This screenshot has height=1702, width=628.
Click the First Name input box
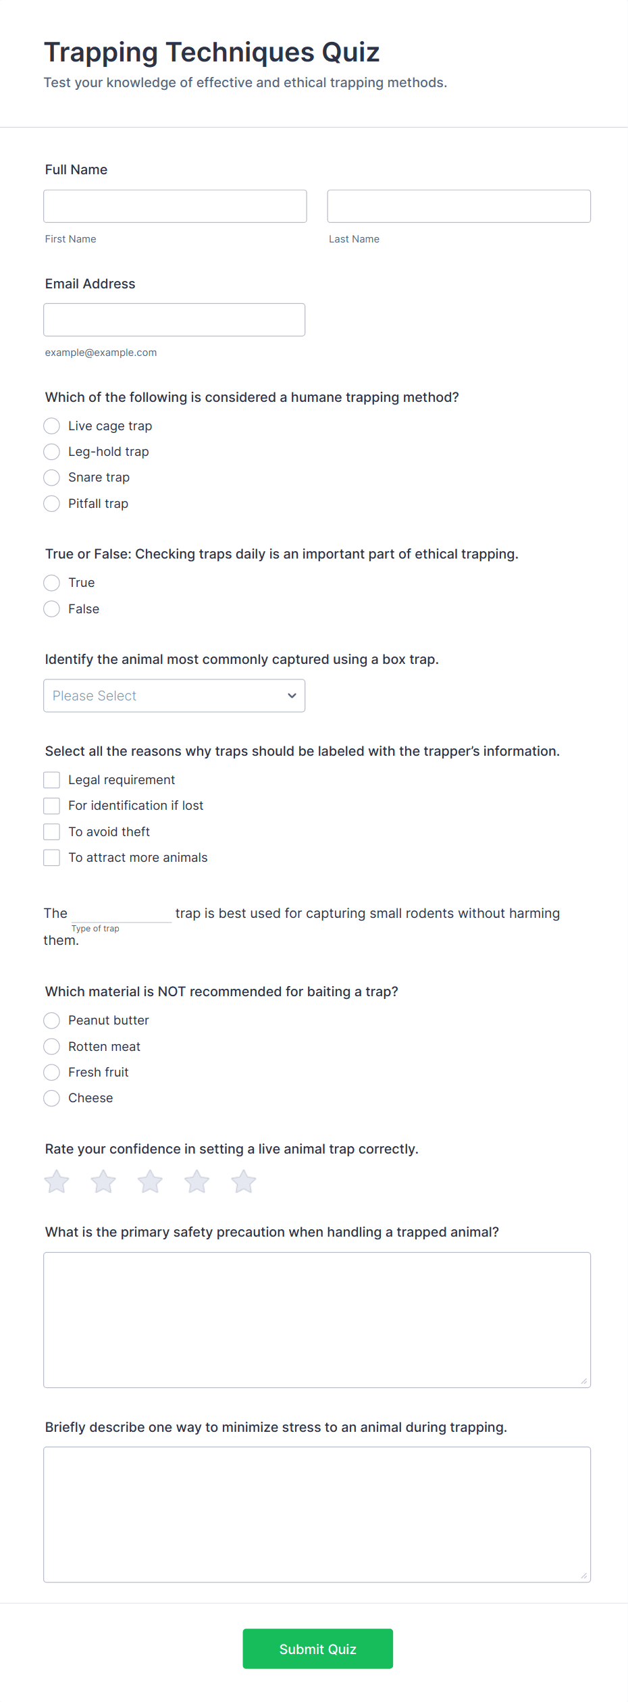[x=175, y=206]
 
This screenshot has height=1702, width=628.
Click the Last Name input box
[x=459, y=206]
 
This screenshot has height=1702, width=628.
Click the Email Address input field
[x=174, y=319]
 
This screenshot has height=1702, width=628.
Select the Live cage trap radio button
[x=52, y=426]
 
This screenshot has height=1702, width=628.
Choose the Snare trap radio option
[x=52, y=478]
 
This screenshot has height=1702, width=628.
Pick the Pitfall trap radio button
[x=52, y=504]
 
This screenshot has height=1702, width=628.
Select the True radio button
[x=52, y=583]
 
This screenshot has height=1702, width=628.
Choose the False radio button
[x=52, y=609]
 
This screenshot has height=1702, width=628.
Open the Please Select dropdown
[x=174, y=696]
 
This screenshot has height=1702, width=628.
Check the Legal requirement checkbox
[x=52, y=780]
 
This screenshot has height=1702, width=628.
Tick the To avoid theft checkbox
[x=52, y=832]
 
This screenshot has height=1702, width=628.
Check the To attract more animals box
[x=52, y=858]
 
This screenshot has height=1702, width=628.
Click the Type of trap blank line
[x=122, y=913]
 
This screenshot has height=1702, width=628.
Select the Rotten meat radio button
[x=52, y=1047]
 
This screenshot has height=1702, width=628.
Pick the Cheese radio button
[x=52, y=1098]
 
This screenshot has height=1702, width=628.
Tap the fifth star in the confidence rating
[x=244, y=1182]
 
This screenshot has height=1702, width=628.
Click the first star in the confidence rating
[x=57, y=1182]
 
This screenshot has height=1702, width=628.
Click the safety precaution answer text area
[x=317, y=1320]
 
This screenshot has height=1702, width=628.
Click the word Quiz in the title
[x=350, y=53]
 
